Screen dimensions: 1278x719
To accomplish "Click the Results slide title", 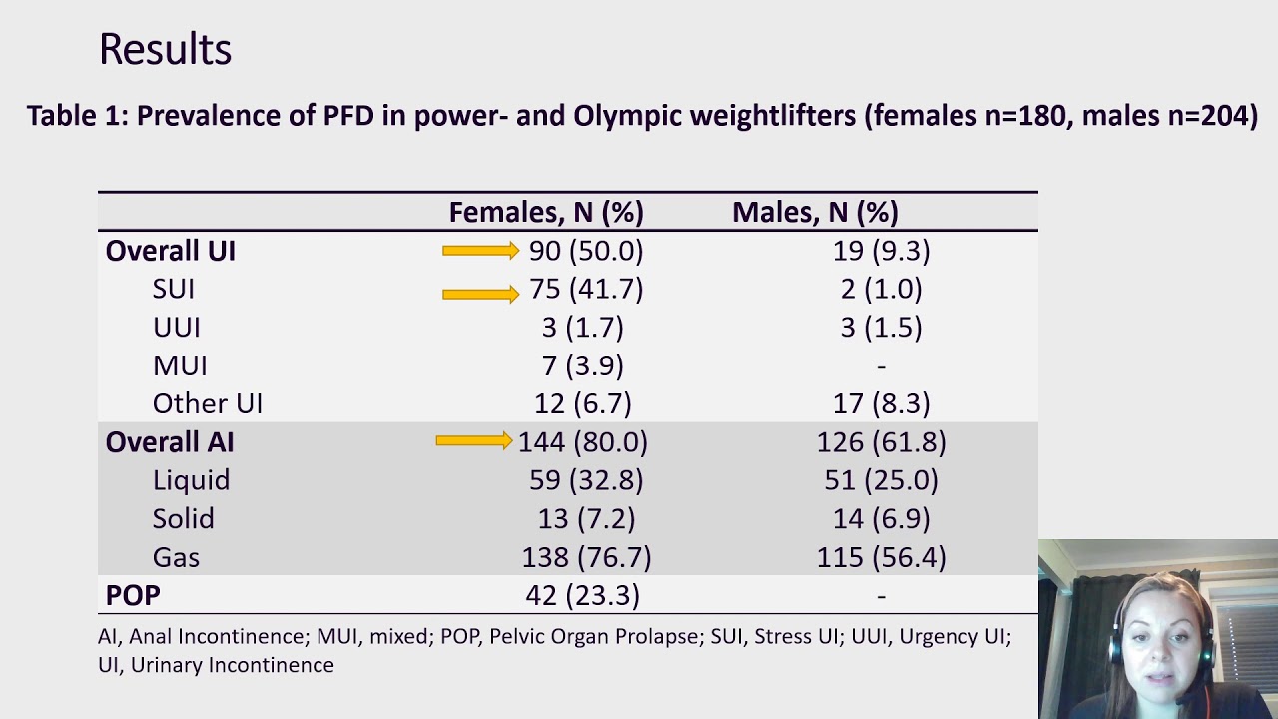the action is [x=166, y=49].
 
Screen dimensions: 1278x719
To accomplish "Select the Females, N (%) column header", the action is [x=546, y=213].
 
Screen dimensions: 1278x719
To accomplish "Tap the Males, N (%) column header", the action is [x=815, y=213].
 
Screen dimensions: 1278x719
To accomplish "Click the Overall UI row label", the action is [x=170, y=251].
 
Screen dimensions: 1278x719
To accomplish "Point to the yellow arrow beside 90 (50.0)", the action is [x=480, y=251].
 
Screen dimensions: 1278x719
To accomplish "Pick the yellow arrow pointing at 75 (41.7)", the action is [x=480, y=294].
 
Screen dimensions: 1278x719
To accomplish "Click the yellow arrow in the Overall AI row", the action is [x=473, y=440].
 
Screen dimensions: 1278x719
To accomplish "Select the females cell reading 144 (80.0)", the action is [x=582, y=442].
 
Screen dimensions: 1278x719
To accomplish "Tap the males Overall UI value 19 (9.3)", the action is [x=881, y=251].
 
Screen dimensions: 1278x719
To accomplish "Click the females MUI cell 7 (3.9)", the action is [x=582, y=365].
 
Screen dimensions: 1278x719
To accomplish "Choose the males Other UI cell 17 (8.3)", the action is [x=881, y=404].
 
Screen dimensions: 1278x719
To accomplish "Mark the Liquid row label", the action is [x=191, y=481].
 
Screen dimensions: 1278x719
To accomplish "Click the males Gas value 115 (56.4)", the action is [x=881, y=557].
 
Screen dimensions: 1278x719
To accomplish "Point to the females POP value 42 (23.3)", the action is [x=582, y=596].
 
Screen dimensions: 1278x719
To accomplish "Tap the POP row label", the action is [x=133, y=596].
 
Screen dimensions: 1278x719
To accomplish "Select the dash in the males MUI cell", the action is [x=881, y=366].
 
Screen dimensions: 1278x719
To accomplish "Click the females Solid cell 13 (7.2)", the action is [x=586, y=519].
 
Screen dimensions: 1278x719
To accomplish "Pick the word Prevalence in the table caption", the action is [x=226, y=115].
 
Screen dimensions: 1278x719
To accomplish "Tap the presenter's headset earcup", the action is [x=1116, y=646].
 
